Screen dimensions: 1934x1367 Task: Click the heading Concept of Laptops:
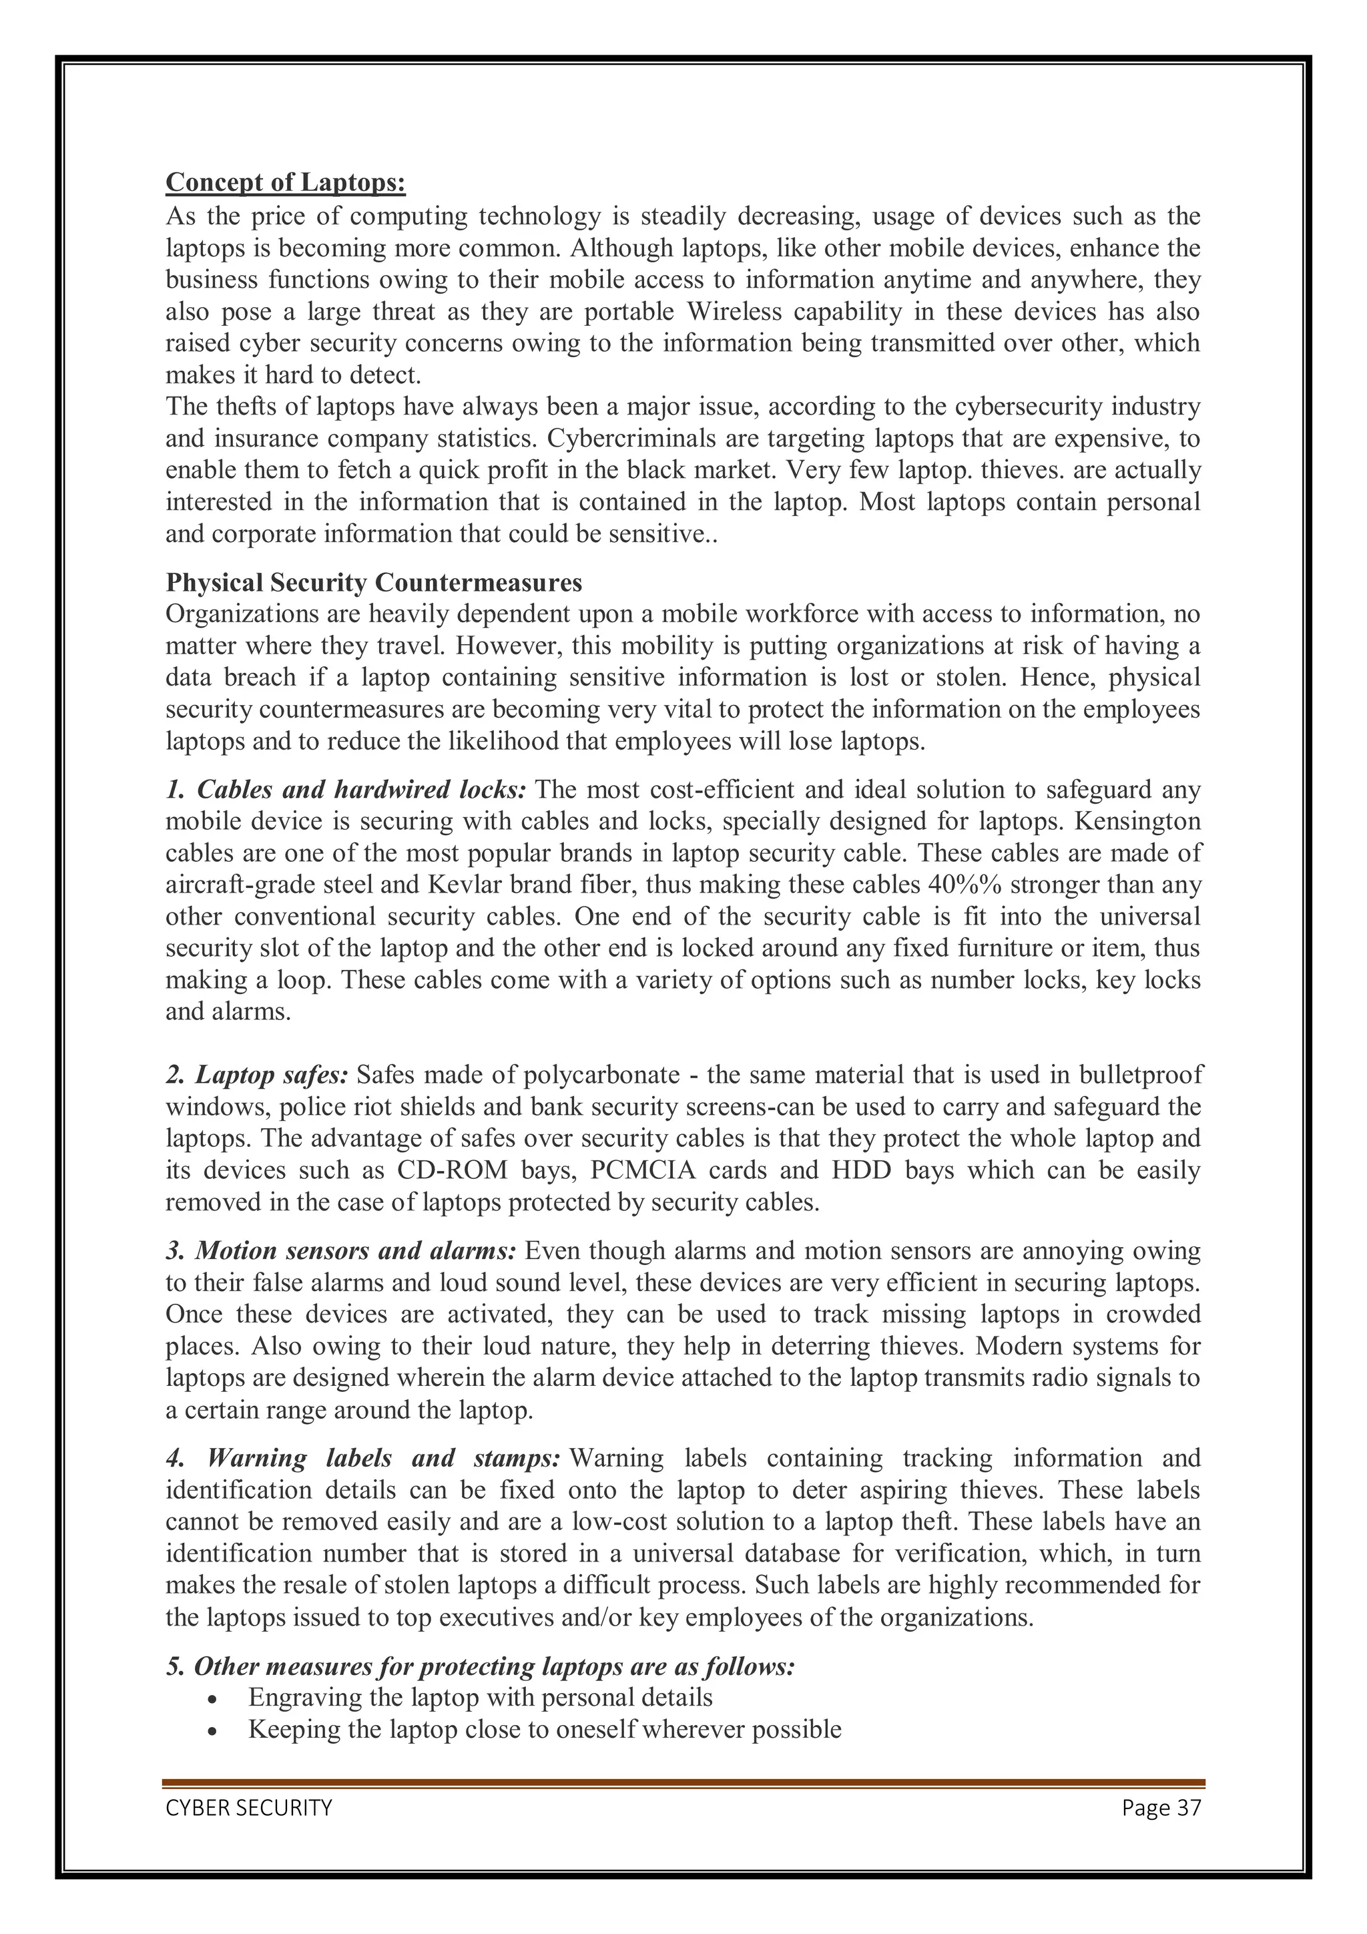[286, 182]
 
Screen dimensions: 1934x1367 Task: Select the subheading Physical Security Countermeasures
[373, 583]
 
